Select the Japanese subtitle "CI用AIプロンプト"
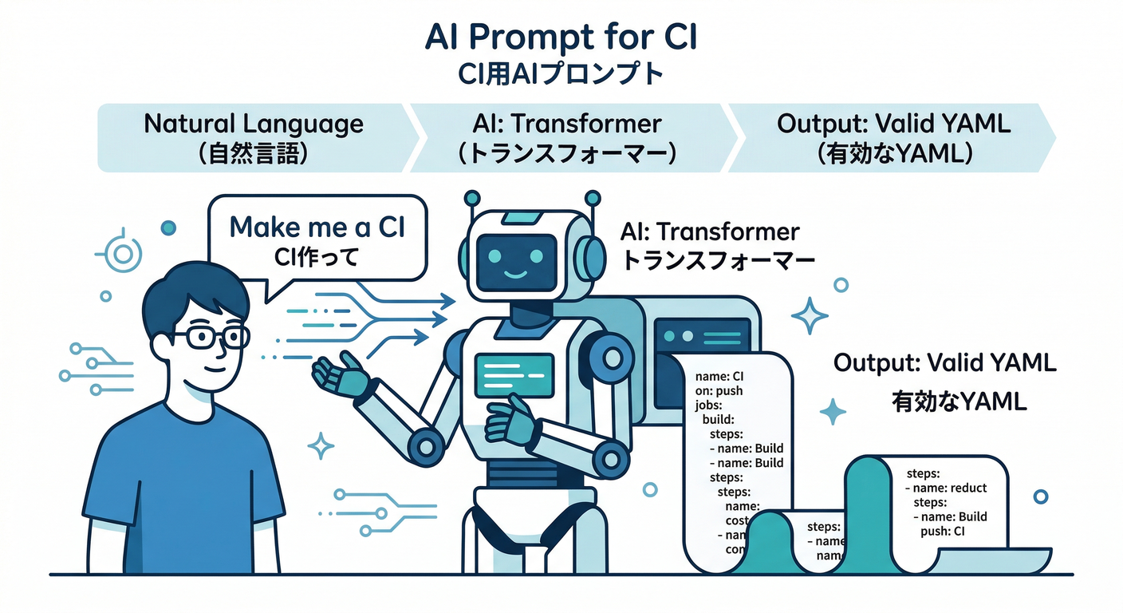click(561, 74)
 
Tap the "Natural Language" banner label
click(254, 124)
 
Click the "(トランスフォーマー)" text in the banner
click(567, 153)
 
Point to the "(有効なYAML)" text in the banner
click(893, 153)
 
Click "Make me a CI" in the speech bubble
click(317, 227)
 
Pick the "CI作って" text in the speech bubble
click(317, 258)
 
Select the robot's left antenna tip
click(472, 196)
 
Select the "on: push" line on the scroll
click(719, 391)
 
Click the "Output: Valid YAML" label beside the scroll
click(945, 363)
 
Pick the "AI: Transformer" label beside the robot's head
click(709, 232)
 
